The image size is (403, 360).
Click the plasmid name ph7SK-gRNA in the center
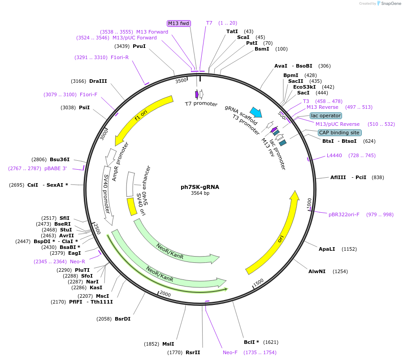[x=200, y=187]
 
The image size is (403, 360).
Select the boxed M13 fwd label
[x=179, y=23]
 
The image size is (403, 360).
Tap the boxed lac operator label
[x=326, y=116]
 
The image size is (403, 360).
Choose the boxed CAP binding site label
[x=339, y=133]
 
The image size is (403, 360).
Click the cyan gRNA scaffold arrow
[x=256, y=112]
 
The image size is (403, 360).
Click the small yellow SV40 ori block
[x=132, y=206]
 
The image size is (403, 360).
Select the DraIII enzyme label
[x=98, y=81]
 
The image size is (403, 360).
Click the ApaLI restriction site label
[x=327, y=249]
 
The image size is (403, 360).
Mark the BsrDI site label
[x=122, y=319]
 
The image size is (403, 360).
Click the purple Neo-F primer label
[x=230, y=353]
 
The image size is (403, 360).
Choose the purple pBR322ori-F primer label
[x=344, y=214]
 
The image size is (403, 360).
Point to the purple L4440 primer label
[x=334, y=155]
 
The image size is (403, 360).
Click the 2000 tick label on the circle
[x=165, y=294]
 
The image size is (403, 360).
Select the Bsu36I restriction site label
[x=60, y=159]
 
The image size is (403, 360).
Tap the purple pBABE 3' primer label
[x=56, y=168]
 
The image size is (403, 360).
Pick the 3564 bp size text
[x=200, y=193]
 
